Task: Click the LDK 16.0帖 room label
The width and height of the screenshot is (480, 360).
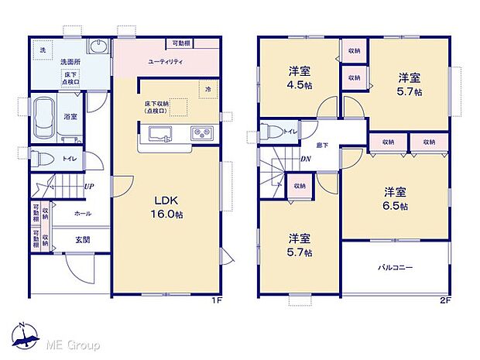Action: point(166,207)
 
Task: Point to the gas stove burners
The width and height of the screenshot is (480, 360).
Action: point(201,134)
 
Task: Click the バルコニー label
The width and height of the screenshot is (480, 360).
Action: point(395,268)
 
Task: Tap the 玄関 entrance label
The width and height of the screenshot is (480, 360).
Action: point(81,240)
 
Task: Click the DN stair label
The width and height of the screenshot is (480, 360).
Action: point(307,160)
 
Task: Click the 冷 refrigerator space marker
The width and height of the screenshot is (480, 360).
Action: point(207,90)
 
